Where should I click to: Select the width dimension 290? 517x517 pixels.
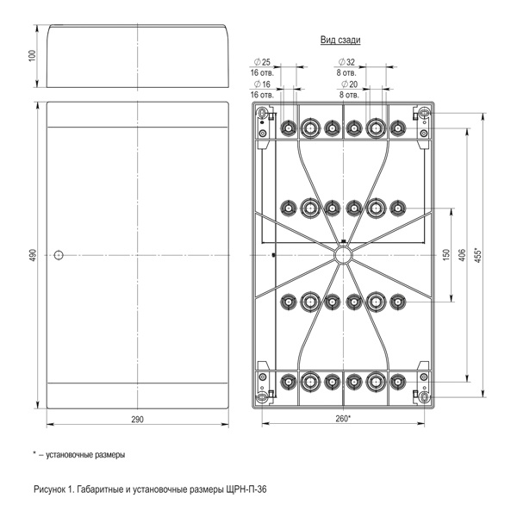(137, 418)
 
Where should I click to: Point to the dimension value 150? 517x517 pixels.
(446, 255)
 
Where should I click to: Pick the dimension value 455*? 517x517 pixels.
(479, 256)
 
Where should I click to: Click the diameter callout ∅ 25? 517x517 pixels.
(262, 63)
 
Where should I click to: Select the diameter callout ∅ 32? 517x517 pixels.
(347, 63)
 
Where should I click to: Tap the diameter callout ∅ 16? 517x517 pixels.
(262, 84)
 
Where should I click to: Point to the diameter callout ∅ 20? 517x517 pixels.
(347, 84)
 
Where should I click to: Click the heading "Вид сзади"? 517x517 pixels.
(341, 40)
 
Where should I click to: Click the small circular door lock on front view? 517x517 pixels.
(59, 255)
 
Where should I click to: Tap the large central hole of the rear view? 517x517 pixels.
(343, 255)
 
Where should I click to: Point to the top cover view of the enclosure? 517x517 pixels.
(137, 55)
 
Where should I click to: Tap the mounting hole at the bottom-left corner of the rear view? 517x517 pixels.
(263, 396)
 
